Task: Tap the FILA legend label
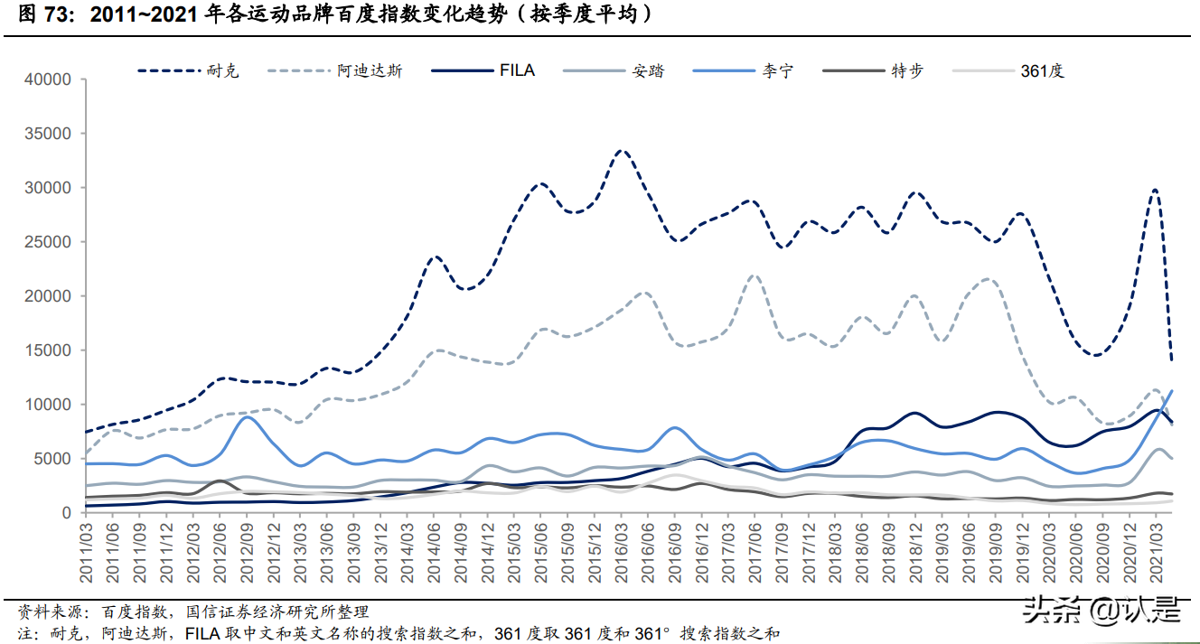pos(517,70)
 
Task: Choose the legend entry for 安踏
pos(648,70)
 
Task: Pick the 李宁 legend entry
pos(777,70)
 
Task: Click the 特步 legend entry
pos(906,70)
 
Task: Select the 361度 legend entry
pos(1042,70)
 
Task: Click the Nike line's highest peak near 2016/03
pos(622,151)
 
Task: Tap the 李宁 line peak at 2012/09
pos(247,417)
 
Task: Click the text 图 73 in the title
pos(36,15)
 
